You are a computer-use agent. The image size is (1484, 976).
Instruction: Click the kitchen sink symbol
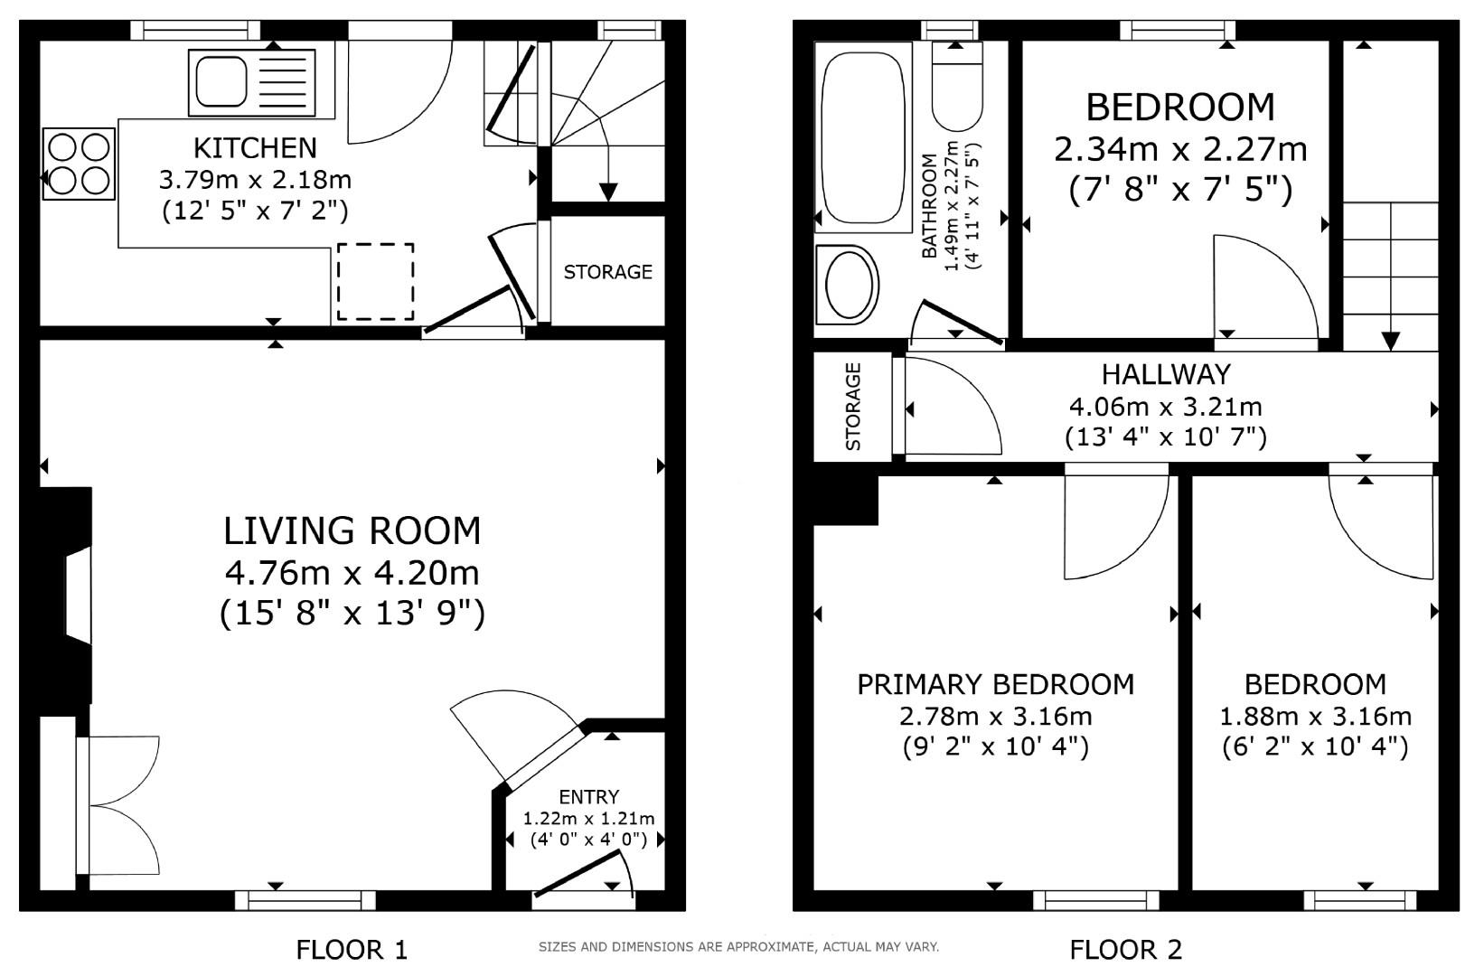click(x=252, y=83)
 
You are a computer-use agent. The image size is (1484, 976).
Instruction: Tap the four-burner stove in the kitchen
click(x=79, y=164)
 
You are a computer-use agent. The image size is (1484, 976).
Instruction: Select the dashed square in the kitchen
click(x=375, y=281)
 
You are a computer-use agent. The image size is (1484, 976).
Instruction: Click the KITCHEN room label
click(x=255, y=147)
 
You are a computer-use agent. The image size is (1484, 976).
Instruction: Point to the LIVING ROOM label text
click(x=352, y=530)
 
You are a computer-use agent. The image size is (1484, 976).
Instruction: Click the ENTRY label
click(x=588, y=797)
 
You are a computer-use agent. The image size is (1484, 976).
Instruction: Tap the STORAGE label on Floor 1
click(x=607, y=272)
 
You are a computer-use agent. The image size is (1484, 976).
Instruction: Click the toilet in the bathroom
click(x=957, y=90)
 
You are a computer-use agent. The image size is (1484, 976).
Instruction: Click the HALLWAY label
click(x=1165, y=373)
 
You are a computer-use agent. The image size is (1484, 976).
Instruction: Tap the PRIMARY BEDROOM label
click(x=995, y=684)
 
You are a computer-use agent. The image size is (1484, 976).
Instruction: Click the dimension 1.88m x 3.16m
click(x=1315, y=717)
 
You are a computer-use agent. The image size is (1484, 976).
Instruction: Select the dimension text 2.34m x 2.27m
click(x=1180, y=149)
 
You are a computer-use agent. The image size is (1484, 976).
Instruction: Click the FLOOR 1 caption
click(x=352, y=950)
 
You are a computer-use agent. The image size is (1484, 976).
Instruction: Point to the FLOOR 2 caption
click(x=1125, y=950)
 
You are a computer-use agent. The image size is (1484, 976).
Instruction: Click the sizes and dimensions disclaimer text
click(x=738, y=947)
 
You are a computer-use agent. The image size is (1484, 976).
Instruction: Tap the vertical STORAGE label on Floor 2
click(x=853, y=407)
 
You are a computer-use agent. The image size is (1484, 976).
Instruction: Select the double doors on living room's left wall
click(x=117, y=804)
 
